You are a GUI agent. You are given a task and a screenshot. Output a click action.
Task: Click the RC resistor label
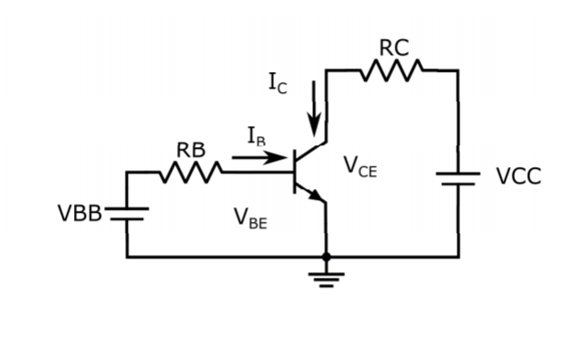393,48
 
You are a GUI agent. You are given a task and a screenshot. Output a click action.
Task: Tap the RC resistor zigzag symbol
392,69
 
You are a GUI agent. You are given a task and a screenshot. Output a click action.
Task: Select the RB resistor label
191,150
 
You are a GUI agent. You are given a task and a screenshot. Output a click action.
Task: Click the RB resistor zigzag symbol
191,171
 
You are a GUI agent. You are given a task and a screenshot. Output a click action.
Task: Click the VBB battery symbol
127,214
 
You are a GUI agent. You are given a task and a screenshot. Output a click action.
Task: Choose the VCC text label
519,176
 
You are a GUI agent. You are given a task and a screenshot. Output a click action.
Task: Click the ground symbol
326,275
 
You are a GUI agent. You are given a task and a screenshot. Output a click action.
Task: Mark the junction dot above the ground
326,257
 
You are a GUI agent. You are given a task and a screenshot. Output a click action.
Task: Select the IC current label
279,82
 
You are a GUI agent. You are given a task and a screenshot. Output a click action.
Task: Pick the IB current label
258,136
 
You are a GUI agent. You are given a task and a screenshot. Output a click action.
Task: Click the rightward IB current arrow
259,157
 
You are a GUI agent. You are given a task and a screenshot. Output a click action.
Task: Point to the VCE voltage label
360,166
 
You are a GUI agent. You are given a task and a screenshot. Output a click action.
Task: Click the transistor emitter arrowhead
316,194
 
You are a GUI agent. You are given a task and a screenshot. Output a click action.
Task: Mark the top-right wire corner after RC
457,69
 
